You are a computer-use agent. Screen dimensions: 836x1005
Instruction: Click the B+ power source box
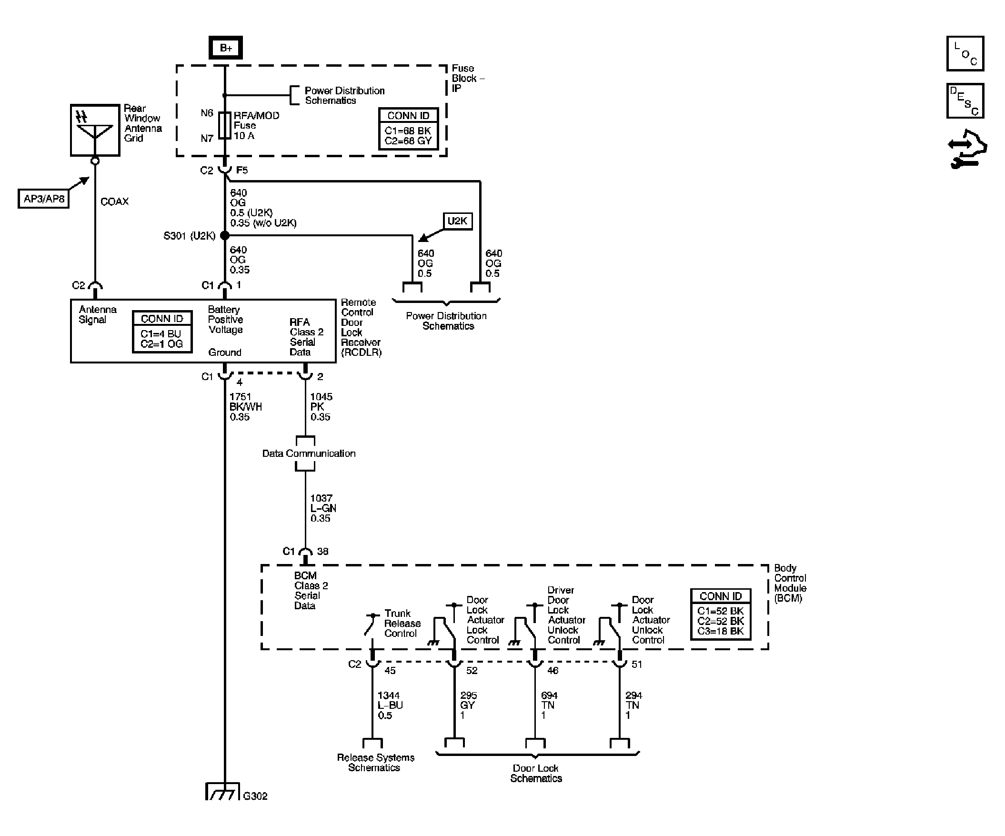225,48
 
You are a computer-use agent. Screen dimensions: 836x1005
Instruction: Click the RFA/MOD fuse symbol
224,125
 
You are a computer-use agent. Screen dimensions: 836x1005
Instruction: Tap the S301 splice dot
224,235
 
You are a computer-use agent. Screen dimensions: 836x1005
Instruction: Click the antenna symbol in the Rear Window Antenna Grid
95,128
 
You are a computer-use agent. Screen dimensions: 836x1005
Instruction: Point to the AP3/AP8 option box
43,199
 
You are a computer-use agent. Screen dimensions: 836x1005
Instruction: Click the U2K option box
457,221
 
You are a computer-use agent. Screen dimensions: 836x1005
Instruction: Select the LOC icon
965,54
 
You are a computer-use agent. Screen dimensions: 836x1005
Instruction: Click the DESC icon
965,101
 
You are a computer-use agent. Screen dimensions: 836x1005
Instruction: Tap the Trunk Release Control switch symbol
372,624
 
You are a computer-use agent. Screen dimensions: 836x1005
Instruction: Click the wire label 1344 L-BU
389,705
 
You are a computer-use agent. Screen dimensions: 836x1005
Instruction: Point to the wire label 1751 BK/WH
245,406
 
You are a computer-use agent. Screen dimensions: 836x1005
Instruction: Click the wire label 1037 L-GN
322,508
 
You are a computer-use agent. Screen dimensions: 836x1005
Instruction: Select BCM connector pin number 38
322,551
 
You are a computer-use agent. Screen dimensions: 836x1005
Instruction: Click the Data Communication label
309,453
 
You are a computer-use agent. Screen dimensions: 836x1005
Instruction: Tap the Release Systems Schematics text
375,762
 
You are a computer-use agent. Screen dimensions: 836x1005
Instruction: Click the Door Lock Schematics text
535,773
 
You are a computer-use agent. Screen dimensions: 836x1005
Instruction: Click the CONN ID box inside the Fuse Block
408,129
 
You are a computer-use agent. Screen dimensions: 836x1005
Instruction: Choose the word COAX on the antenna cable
114,201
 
